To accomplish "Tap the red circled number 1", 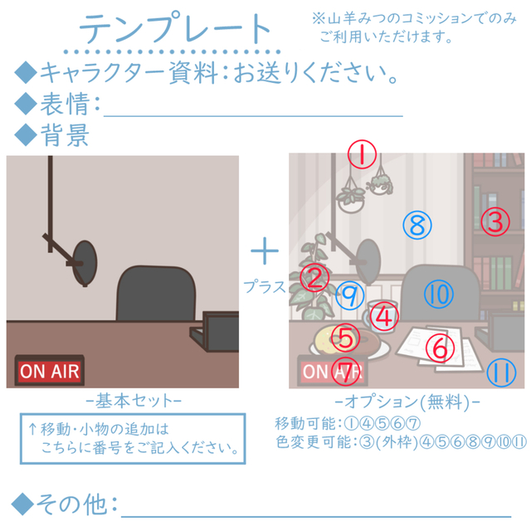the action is coord(362,154).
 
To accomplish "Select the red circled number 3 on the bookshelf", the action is coord(495,222).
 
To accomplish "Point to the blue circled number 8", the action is coord(417,225).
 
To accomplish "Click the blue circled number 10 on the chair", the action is coord(439,294).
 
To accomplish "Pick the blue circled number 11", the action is coord(501,373).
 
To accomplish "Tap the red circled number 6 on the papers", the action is coord(440,348).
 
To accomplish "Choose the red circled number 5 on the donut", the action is coord(345,338).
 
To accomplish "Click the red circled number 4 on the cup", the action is coord(384,317).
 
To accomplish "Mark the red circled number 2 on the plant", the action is coord(314,278).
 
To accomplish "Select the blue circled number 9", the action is coord(350,295).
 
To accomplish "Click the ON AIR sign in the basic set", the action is coord(50,370).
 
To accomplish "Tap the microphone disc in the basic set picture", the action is coord(85,264).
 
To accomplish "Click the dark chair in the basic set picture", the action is coord(156,293).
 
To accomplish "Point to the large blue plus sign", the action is coord(265,251).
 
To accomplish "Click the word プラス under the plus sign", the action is coord(265,287).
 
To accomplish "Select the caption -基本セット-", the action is coord(134,401).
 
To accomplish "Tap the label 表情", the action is coord(65,104).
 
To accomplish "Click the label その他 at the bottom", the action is coord(71,504).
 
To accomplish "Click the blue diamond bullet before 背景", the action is coord(26,134).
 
